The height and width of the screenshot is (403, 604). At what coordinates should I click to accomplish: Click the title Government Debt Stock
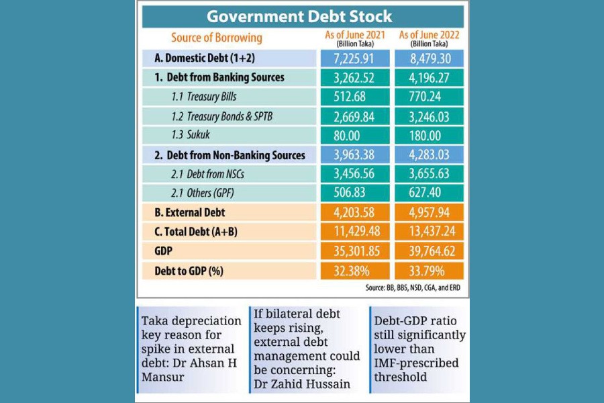tap(299, 16)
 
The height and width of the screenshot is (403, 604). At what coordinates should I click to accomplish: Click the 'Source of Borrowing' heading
tap(216, 38)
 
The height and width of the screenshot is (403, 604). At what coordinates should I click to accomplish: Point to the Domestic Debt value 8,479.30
tap(427, 58)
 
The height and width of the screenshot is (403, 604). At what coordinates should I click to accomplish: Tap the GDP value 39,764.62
tap(427, 251)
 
